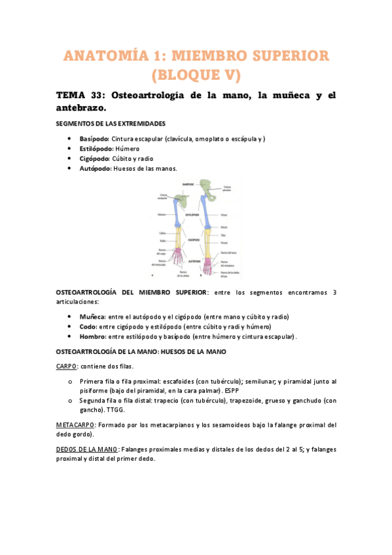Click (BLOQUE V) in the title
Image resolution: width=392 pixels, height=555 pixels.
click(196, 77)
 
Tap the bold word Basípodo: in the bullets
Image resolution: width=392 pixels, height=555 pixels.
click(94, 139)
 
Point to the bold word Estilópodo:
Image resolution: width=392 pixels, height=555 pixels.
click(96, 149)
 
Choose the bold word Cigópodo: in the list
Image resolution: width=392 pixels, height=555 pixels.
click(94, 158)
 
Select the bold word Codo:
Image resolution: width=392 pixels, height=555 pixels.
click(88, 326)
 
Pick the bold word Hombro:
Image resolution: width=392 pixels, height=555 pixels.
click(92, 336)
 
